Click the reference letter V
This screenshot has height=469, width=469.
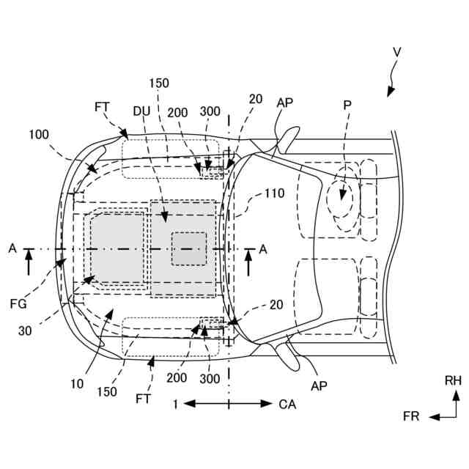[396, 52]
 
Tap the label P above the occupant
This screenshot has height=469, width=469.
[347, 105]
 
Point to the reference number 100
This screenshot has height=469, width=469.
[40, 134]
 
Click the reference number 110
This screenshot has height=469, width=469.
[274, 193]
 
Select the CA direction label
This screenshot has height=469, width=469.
[287, 403]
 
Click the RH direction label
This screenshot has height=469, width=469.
[453, 380]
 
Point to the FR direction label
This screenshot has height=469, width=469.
[411, 416]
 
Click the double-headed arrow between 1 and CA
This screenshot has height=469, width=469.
[228, 403]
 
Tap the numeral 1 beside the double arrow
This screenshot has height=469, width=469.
[175, 403]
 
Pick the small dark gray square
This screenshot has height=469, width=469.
[188, 248]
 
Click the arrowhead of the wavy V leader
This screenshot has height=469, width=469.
[391, 92]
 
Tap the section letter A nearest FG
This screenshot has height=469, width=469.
[12, 249]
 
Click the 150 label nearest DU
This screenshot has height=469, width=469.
[158, 82]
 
